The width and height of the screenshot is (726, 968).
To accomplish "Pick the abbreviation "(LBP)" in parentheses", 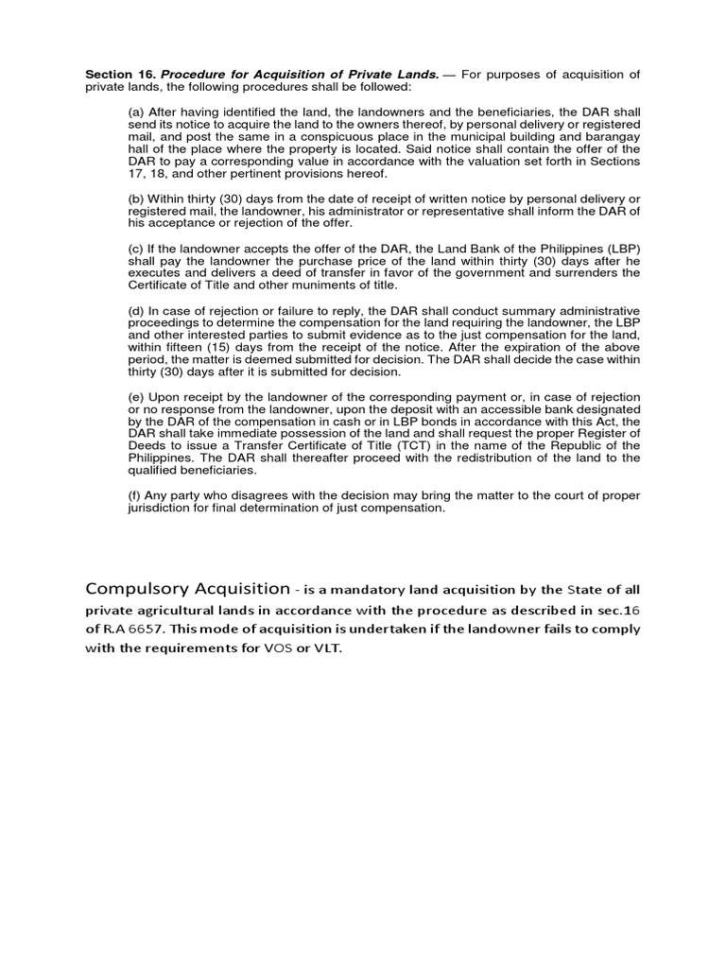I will (619, 248).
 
